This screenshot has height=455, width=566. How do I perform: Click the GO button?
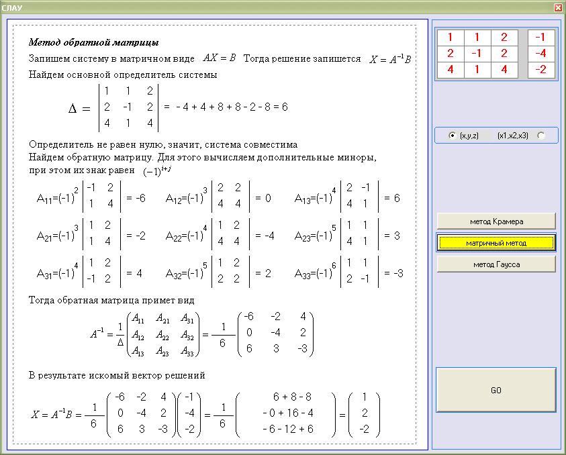(x=496, y=390)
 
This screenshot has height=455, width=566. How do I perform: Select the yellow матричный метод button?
(x=496, y=242)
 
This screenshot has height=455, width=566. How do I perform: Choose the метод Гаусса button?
(x=496, y=264)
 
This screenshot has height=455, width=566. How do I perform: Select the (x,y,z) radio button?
(x=453, y=136)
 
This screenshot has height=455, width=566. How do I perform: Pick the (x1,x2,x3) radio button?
(x=541, y=136)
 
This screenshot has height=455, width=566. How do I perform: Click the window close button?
(x=558, y=7)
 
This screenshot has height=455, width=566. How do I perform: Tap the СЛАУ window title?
(x=13, y=7)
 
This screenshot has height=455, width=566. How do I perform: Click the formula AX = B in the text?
(x=220, y=58)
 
